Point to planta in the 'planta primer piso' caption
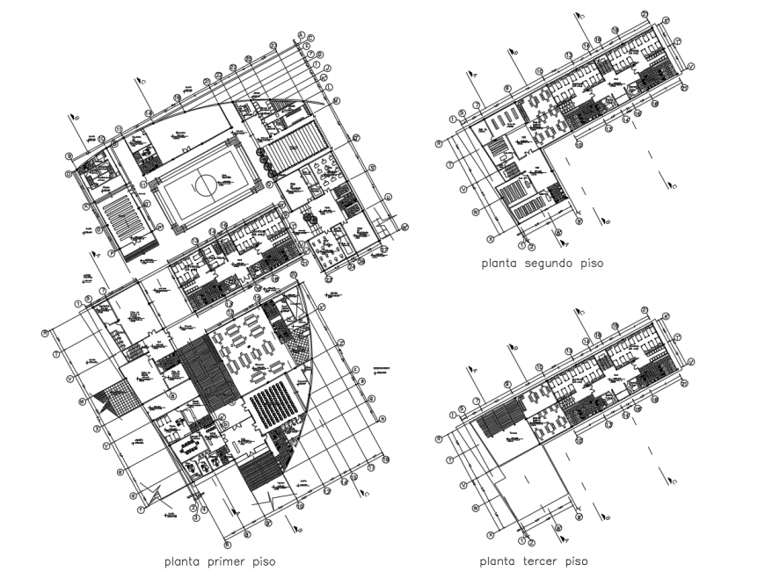pyautogui.click(x=182, y=560)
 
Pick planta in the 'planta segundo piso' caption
pyautogui.click(x=498, y=263)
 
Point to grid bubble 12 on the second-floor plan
pyautogui.click(x=569, y=56)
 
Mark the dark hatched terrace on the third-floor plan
pyautogui.click(x=502, y=423)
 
